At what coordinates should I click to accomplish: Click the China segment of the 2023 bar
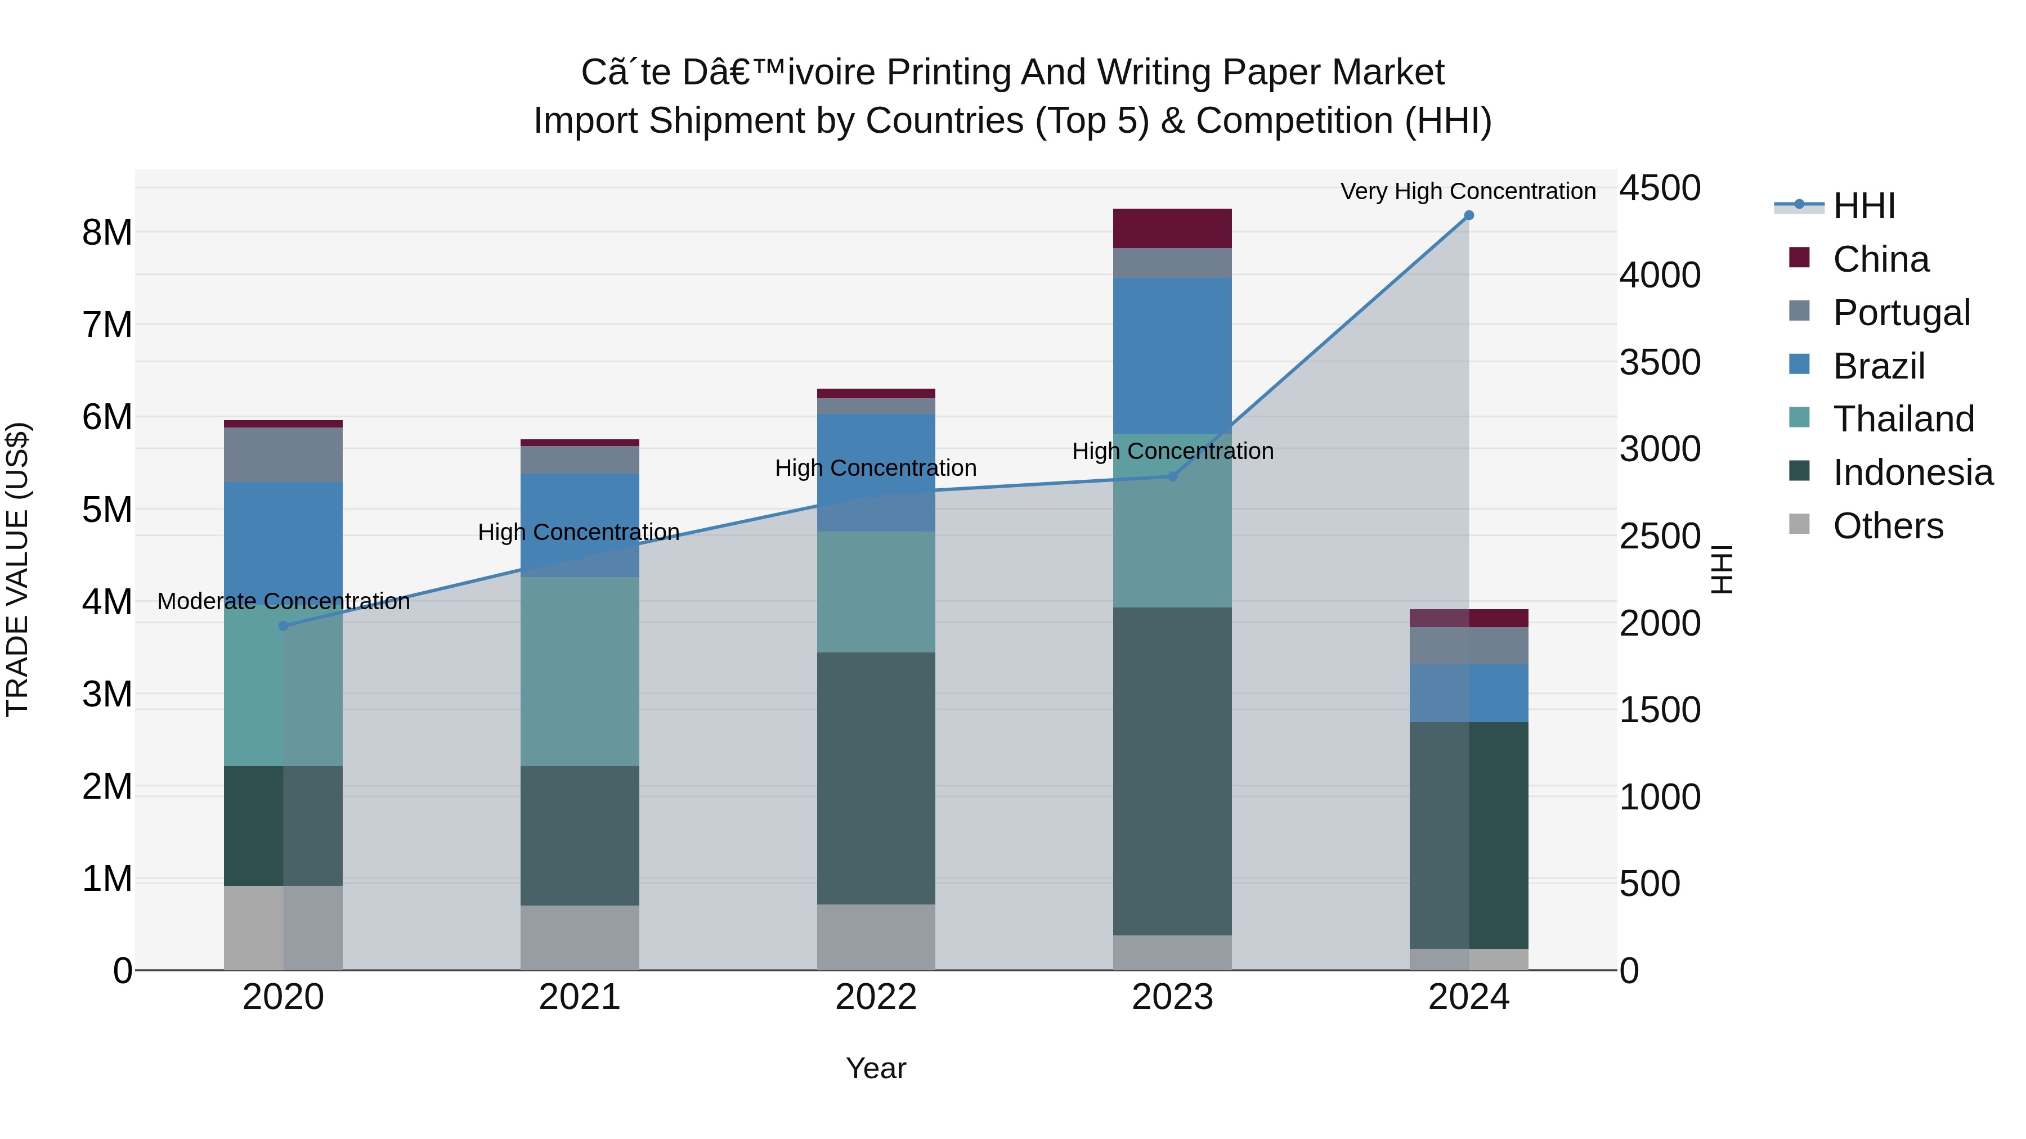pos(1172,228)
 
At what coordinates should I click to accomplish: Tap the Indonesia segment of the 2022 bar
pos(876,778)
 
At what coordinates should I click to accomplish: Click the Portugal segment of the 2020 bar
pos(283,454)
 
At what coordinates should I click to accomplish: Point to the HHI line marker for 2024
pos(1468,215)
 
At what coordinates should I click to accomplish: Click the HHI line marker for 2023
pos(1172,476)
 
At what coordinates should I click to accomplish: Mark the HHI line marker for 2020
pos(283,625)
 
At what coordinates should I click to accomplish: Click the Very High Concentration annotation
pos(1468,191)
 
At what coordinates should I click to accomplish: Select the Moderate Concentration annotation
pos(283,601)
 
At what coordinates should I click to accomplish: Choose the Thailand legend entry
pos(1903,419)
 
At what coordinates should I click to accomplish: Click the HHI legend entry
pos(1864,206)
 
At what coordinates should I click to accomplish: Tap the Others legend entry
pos(1888,526)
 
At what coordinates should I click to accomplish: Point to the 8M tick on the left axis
pos(107,233)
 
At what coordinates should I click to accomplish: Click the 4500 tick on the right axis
pos(1660,188)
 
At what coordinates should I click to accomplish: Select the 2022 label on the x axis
pos(876,997)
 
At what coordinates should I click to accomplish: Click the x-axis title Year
pos(876,1068)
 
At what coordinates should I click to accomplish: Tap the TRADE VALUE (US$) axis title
pos(17,569)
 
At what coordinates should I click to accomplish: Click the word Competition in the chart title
pos(1294,121)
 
